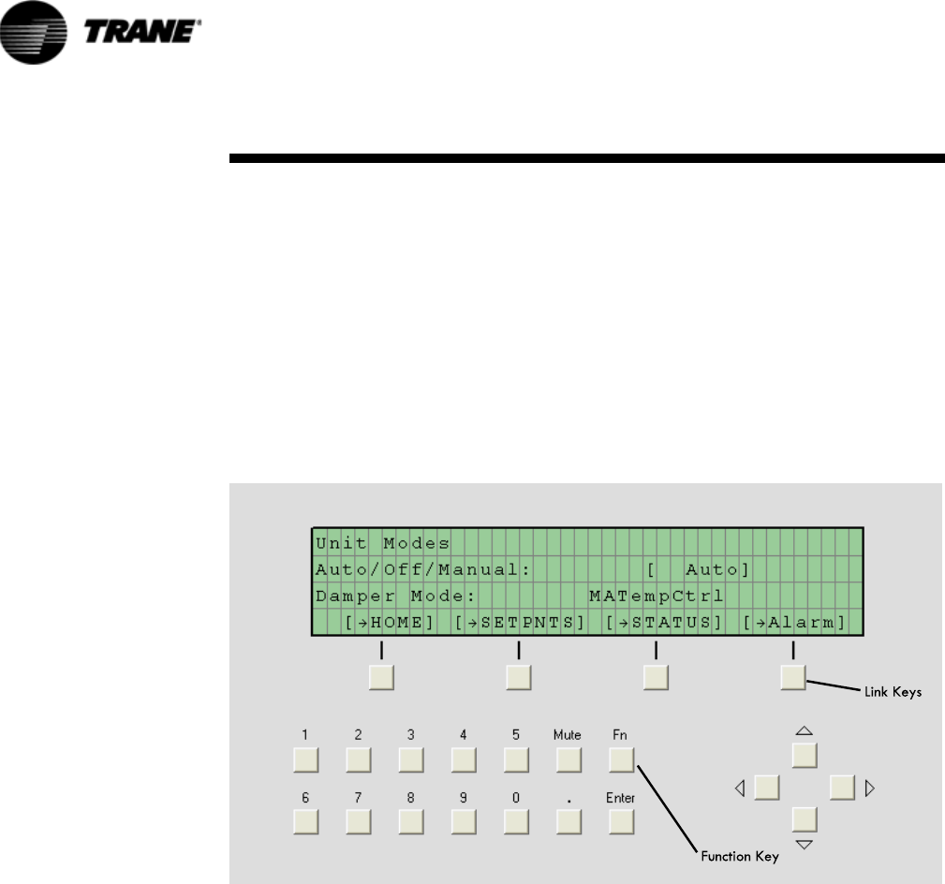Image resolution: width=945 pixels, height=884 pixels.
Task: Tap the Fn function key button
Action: (x=621, y=759)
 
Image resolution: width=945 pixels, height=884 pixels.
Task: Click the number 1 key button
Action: (x=306, y=759)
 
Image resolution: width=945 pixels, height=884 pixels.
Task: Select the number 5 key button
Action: (x=516, y=759)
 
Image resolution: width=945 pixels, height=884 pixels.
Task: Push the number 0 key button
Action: (x=516, y=821)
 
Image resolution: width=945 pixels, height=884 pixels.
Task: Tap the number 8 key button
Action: (x=411, y=821)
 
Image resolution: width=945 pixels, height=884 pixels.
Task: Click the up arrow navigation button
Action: (x=805, y=755)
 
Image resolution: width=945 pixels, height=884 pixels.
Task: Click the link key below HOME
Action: (x=381, y=677)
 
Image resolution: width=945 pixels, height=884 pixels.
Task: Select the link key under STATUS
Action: (x=656, y=677)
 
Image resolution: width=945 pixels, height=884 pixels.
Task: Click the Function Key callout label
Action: (x=739, y=856)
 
